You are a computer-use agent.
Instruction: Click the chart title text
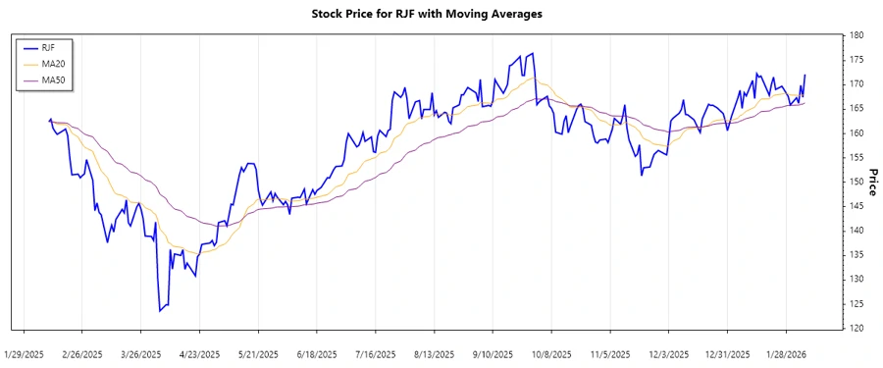441,15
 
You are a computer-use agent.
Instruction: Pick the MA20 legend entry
53,63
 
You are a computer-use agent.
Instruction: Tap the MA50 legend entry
53,79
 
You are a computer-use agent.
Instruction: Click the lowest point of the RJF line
159,311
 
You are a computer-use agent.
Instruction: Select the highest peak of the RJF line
533,53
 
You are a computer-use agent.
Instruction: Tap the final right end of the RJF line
805,75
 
